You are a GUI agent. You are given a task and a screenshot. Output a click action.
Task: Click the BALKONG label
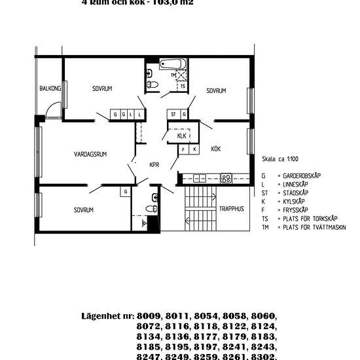[x=50, y=88]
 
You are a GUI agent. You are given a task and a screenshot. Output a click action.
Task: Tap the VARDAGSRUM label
[x=90, y=154]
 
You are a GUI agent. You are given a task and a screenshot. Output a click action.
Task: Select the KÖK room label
[x=215, y=149]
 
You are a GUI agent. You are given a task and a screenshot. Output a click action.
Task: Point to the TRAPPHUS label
[x=231, y=209]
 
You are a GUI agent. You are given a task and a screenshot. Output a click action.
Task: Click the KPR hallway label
[x=154, y=165]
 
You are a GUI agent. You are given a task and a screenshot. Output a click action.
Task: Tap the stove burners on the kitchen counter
[x=226, y=177]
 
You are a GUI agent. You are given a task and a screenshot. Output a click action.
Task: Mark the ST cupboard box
[x=174, y=115]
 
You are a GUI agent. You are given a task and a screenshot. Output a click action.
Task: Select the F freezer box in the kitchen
[x=183, y=149]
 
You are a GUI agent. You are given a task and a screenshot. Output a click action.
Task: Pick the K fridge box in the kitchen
[x=193, y=149]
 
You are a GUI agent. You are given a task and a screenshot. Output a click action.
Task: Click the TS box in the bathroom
[x=183, y=86]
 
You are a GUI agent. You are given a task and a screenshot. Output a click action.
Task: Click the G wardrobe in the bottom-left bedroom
[x=124, y=192]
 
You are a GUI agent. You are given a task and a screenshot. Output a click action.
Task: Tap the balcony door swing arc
[x=55, y=109]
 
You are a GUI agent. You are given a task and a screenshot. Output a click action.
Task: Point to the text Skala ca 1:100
[x=279, y=158]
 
